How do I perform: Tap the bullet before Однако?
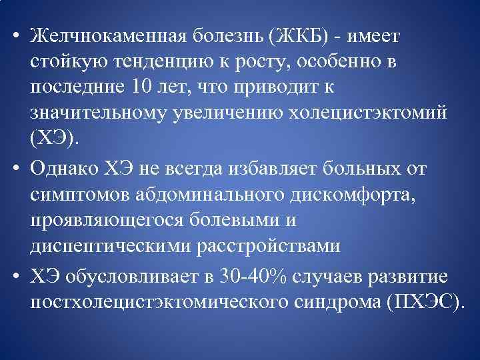pos(14,168)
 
